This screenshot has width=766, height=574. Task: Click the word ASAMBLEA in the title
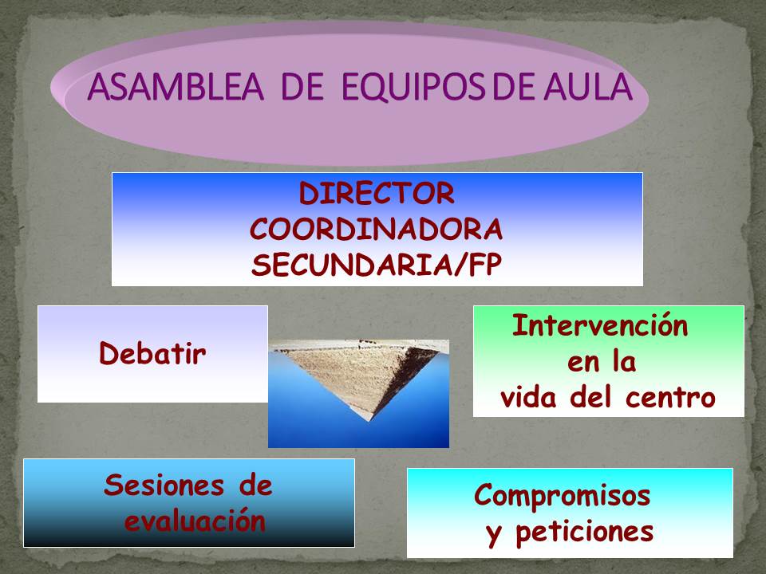pyautogui.click(x=176, y=87)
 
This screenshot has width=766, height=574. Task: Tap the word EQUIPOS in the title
pyautogui.click(x=413, y=88)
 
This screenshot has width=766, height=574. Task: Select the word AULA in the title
pyautogui.click(x=588, y=87)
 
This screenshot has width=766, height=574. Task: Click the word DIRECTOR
pyautogui.click(x=377, y=193)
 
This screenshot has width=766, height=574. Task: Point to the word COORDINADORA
pyautogui.click(x=376, y=229)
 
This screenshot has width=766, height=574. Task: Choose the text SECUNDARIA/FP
pyautogui.click(x=377, y=265)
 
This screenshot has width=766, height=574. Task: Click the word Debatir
pyautogui.click(x=152, y=353)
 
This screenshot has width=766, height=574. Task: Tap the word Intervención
pyautogui.click(x=600, y=325)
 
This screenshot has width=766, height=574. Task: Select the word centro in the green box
pyautogui.click(x=670, y=397)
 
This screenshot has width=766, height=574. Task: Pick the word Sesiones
pyautogui.click(x=164, y=486)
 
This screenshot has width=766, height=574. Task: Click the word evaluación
pyautogui.click(x=195, y=521)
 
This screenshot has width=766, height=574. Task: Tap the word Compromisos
pyautogui.click(x=563, y=496)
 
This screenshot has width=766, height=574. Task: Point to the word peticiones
pyautogui.click(x=585, y=532)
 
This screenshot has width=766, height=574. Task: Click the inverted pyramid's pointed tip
pyautogui.click(x=372, y=420)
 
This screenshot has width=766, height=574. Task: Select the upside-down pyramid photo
pyautogui.click(x=358, y=393)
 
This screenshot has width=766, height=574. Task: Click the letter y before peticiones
pyautogui.click(x=493, y=535)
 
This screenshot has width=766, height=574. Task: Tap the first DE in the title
pyautogui.click(x=302, y=87)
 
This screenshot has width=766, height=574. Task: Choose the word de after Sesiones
pyautogui.click(x=255, y=486)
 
